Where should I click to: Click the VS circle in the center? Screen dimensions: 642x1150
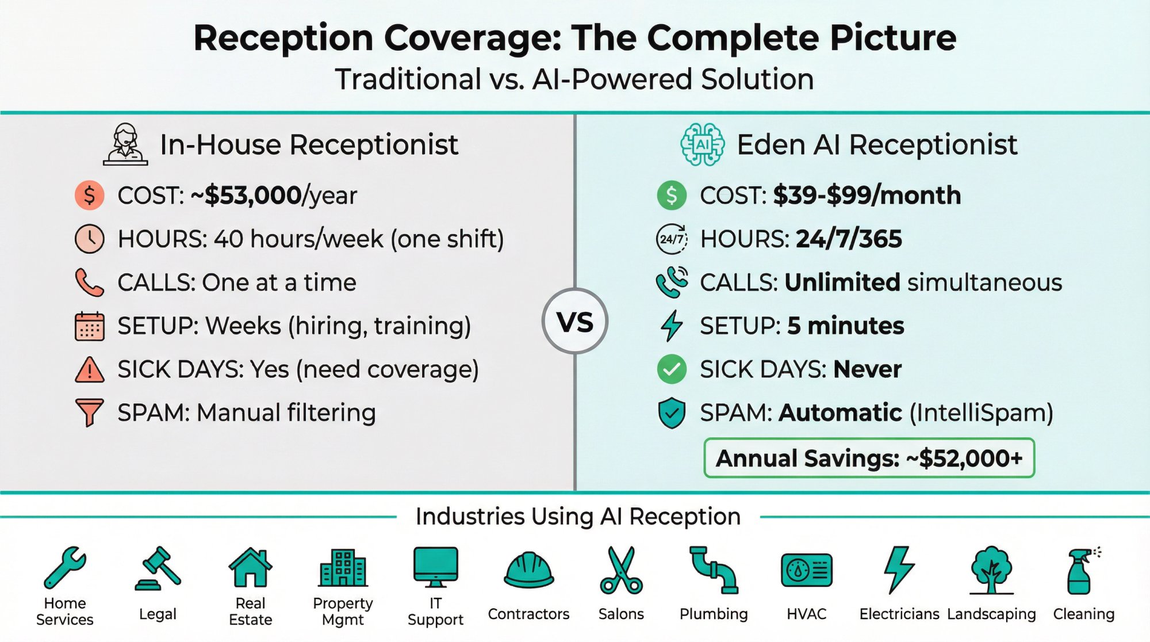(x=574, y=321)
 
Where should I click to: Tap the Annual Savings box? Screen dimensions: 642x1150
(x=869, y=458)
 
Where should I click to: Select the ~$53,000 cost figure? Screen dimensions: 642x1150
(x=253, y=196)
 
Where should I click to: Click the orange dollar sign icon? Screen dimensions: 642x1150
(x=89, y=195)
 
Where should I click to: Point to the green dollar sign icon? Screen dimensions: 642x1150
(x=671, y=195)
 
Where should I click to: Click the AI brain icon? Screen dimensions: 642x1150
(x=701, y=144)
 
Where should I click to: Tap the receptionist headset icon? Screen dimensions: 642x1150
(x=125, y=144)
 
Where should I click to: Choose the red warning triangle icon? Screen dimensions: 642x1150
(x=89, y=370)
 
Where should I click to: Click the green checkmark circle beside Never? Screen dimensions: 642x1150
(x=671, y=369)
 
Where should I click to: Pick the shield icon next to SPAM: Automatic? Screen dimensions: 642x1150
(x=671, y=413)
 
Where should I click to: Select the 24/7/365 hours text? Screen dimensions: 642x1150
(x=849, y=239)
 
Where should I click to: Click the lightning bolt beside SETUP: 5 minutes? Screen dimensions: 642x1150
(x=671, y=326)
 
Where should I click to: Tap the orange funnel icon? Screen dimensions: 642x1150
(x=89, y=412)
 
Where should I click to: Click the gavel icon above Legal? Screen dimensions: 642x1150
(x=158, y=568)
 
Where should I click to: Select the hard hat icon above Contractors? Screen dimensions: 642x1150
(x=528, y=570)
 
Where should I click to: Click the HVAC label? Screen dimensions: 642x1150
(x=806, y=614)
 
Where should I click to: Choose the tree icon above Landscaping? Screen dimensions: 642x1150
(x=991, y=570)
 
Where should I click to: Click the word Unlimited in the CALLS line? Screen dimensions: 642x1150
(x=842, y=282)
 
